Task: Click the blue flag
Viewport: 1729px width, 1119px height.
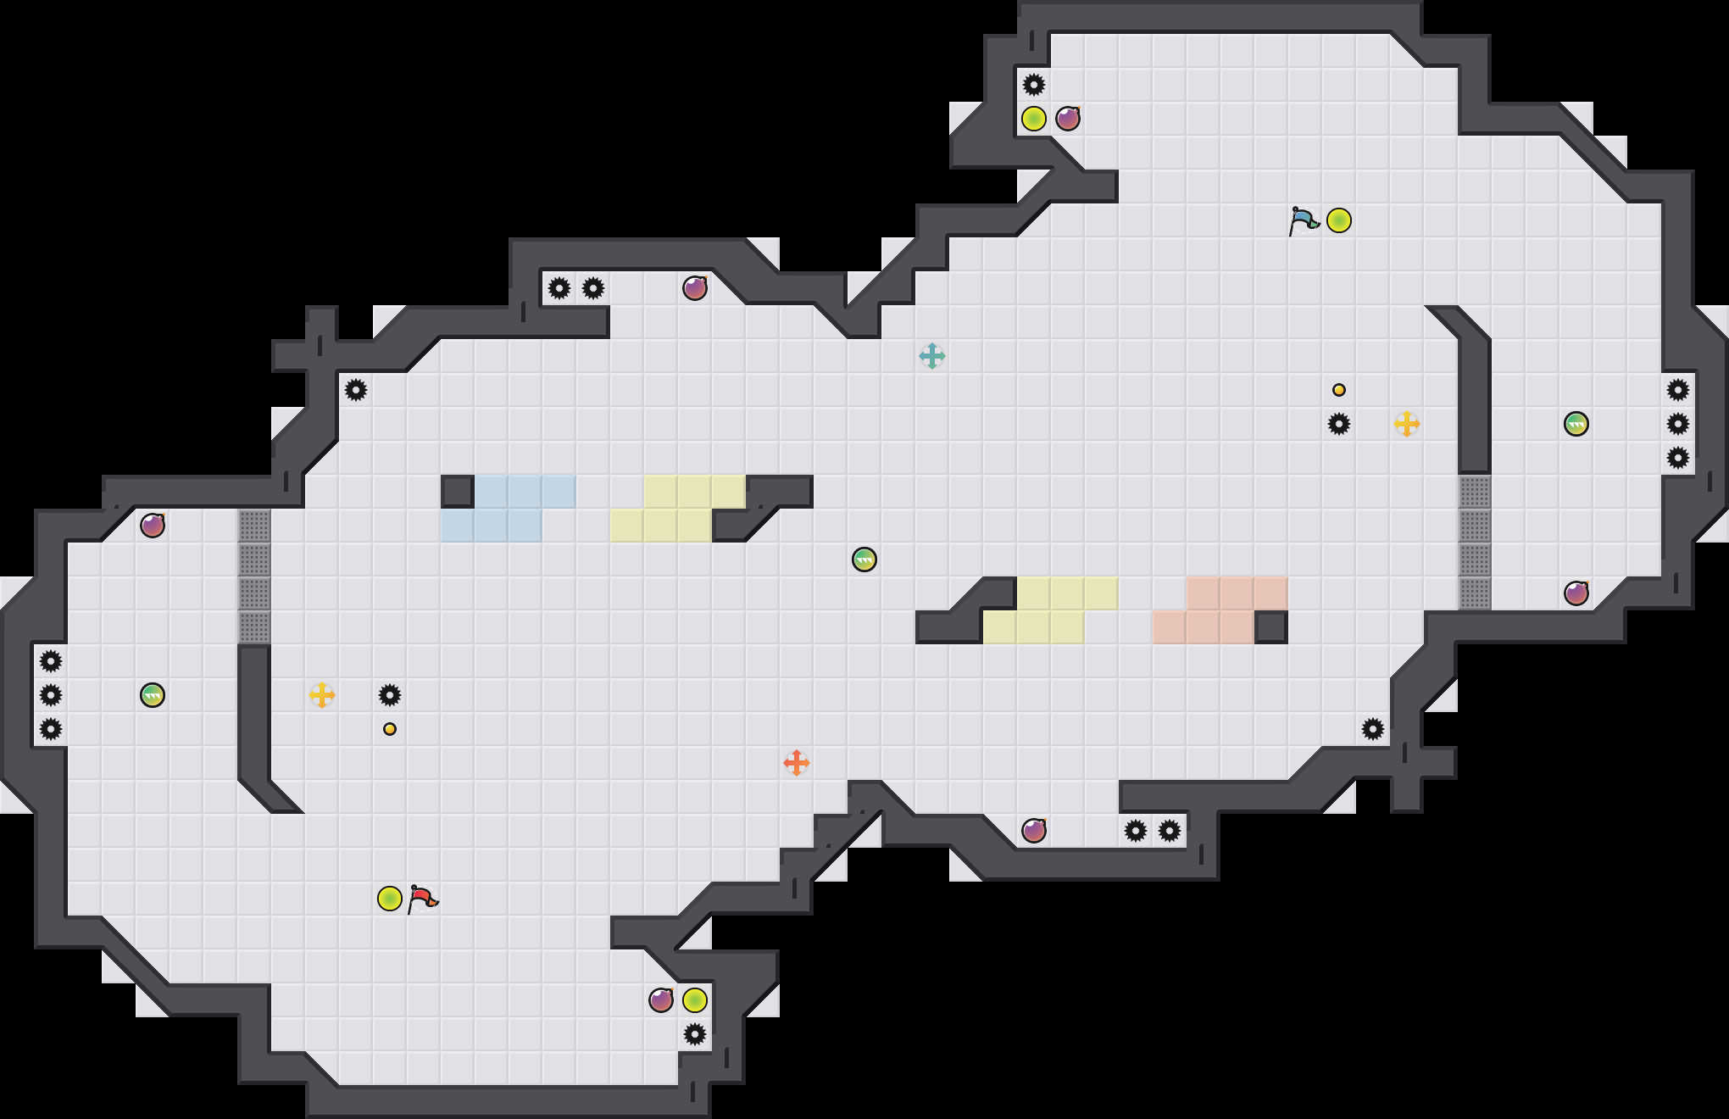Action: (x=1304, y=220)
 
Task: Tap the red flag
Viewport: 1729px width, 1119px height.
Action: (x=422, y=899)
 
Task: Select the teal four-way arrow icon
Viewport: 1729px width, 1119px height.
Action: (x=932, y=356)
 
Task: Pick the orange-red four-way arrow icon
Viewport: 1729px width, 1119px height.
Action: (x=797, y=763)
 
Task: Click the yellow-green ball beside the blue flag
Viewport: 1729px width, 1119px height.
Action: (x=1339, y=220)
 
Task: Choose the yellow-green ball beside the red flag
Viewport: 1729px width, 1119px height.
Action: (x=390, y=899)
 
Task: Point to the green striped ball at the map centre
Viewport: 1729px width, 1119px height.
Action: (x=864, y=559)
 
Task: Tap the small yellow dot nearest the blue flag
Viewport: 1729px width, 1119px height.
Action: (x=1339, y=390)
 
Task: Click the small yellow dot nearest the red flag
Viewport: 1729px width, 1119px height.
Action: (x=390, y=729)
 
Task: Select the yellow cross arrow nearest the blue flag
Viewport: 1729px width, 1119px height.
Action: (x=1407, y=424)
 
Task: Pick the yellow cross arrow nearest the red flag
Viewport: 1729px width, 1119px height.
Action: (x=322, y=695)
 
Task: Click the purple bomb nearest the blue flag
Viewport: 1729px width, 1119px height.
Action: (x=1068, y=119)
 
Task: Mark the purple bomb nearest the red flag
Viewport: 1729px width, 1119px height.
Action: (x=661, y=1000)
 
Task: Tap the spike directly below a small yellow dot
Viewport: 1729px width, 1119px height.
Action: (x=1339, y=424)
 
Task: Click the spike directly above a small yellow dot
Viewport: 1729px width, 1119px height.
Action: (x=390, y=695)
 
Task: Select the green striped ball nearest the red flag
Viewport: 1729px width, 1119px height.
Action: (x=153, y=695)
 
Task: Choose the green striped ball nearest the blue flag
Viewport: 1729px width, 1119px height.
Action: (x=1576, y=424)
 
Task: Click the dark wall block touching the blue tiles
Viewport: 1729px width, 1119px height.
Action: (x=458, y=492)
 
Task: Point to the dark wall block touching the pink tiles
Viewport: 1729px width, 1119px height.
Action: (x=1271, y=627)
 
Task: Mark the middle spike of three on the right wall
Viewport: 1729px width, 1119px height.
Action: (x=1678, y=424)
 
